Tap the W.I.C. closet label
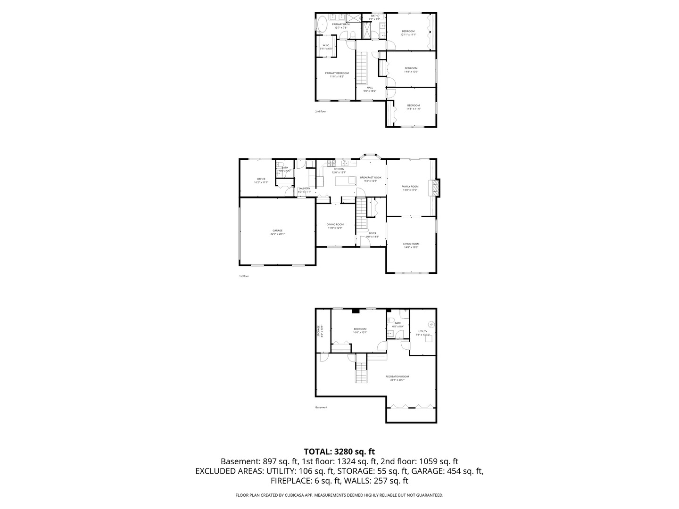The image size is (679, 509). coord(326,47)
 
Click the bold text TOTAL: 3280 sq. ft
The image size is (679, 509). coord(339,452)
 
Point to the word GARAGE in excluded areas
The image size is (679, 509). coord(427,471)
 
